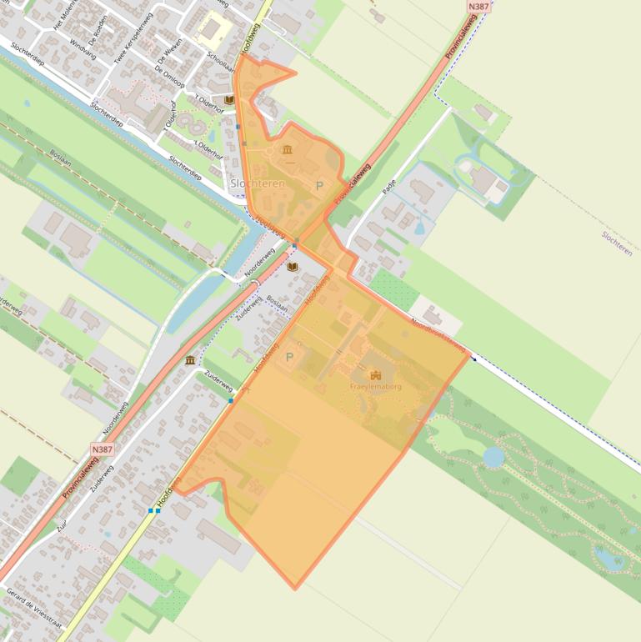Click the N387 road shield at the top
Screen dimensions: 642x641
click(x=478, y=6)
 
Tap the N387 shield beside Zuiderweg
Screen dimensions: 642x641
click(x=102, y=449)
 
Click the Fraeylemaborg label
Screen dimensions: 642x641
click(x=375, y=387)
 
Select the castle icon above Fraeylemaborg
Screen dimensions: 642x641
click(x=375, y=375)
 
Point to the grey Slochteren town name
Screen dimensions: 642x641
click(x=258, y=183)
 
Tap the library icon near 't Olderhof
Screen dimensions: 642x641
click(x=228, y=99)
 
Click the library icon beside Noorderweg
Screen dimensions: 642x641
click(x=292, y=267)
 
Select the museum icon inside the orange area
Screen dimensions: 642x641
click(x=288, y=149)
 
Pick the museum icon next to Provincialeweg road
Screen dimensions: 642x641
click(x=190, y=360)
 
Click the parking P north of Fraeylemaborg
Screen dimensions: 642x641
click(x=290, y=357)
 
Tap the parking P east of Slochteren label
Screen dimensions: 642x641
click(x=318, y=186)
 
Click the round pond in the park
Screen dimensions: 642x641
click(x=493, y=457)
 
